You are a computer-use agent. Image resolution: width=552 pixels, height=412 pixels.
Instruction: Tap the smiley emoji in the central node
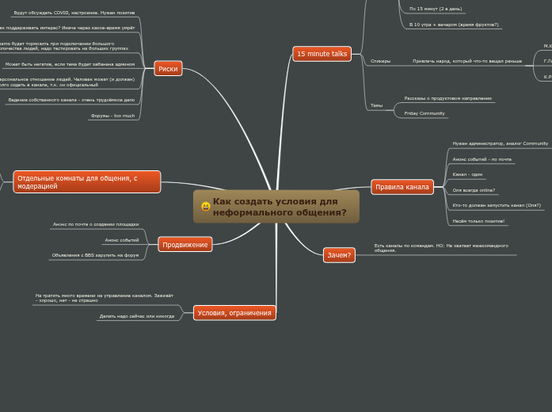coord(206,207)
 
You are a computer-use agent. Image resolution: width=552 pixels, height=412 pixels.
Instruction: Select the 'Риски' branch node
coord(168,69)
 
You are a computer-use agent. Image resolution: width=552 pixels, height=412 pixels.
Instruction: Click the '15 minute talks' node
coord(322,54)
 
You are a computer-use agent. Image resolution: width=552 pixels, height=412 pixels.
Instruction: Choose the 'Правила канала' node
coord(402,187)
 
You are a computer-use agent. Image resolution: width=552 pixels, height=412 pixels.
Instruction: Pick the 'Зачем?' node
coord(339,254)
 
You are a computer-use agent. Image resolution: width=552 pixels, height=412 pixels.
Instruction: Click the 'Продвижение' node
coord(185,245)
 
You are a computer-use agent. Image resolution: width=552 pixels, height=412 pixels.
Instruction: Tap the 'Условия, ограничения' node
coord(234,313)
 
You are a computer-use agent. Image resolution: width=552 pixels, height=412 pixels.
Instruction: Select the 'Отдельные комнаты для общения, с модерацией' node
coord(86,182)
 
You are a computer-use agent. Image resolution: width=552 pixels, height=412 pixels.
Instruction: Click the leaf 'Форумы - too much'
coord(112,116)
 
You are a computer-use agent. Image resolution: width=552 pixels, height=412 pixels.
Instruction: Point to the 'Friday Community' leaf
coord(424,113)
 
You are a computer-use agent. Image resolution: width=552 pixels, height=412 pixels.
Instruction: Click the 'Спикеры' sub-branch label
coord(380,61)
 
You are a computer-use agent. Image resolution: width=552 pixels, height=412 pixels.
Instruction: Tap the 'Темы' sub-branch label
coord(376,105)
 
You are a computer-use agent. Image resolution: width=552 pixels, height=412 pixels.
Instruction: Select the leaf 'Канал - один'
coord(467,174)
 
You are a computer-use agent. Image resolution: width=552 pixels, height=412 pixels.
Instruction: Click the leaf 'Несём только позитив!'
coord(478,221)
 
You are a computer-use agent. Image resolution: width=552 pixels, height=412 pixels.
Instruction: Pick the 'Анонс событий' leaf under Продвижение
coord(121,240)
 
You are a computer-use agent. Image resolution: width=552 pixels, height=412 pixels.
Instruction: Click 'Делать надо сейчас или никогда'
coord(136,316)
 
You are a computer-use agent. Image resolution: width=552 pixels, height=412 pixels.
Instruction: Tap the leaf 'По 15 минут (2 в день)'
coord(436,9)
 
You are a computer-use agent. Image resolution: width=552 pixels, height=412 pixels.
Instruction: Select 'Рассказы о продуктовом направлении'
coord(447,98)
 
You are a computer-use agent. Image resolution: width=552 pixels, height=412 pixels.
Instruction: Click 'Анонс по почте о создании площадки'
coord(95,224)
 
